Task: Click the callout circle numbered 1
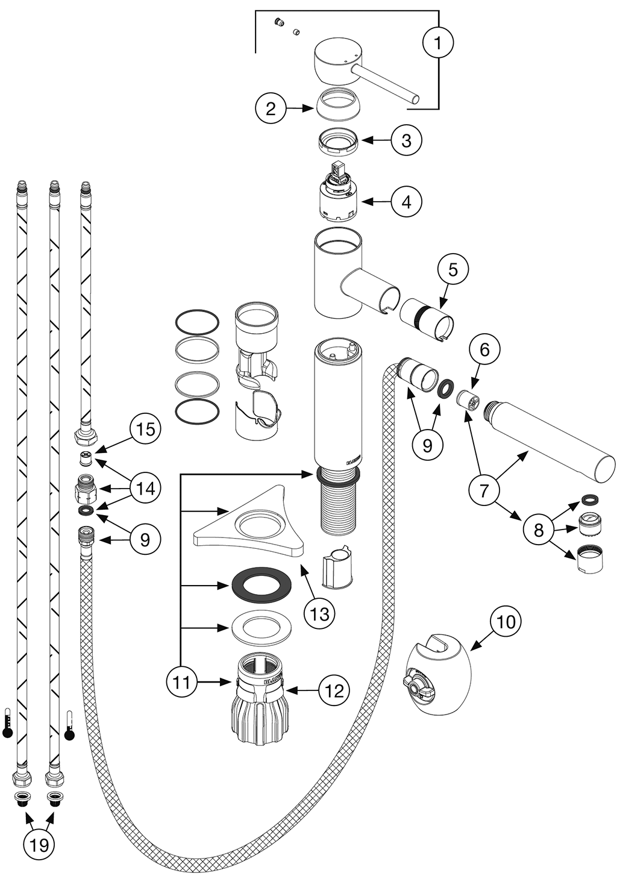[437, 43]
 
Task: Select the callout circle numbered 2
[271, 108]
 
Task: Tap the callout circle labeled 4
[407, 202]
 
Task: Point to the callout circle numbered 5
[453, 270]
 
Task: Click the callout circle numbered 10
[507, 621]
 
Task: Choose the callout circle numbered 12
[335, 690]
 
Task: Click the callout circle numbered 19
[39, 845]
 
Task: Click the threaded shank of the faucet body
[337, 506]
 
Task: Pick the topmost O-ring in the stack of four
[197, 321]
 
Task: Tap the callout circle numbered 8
[539, 530]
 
